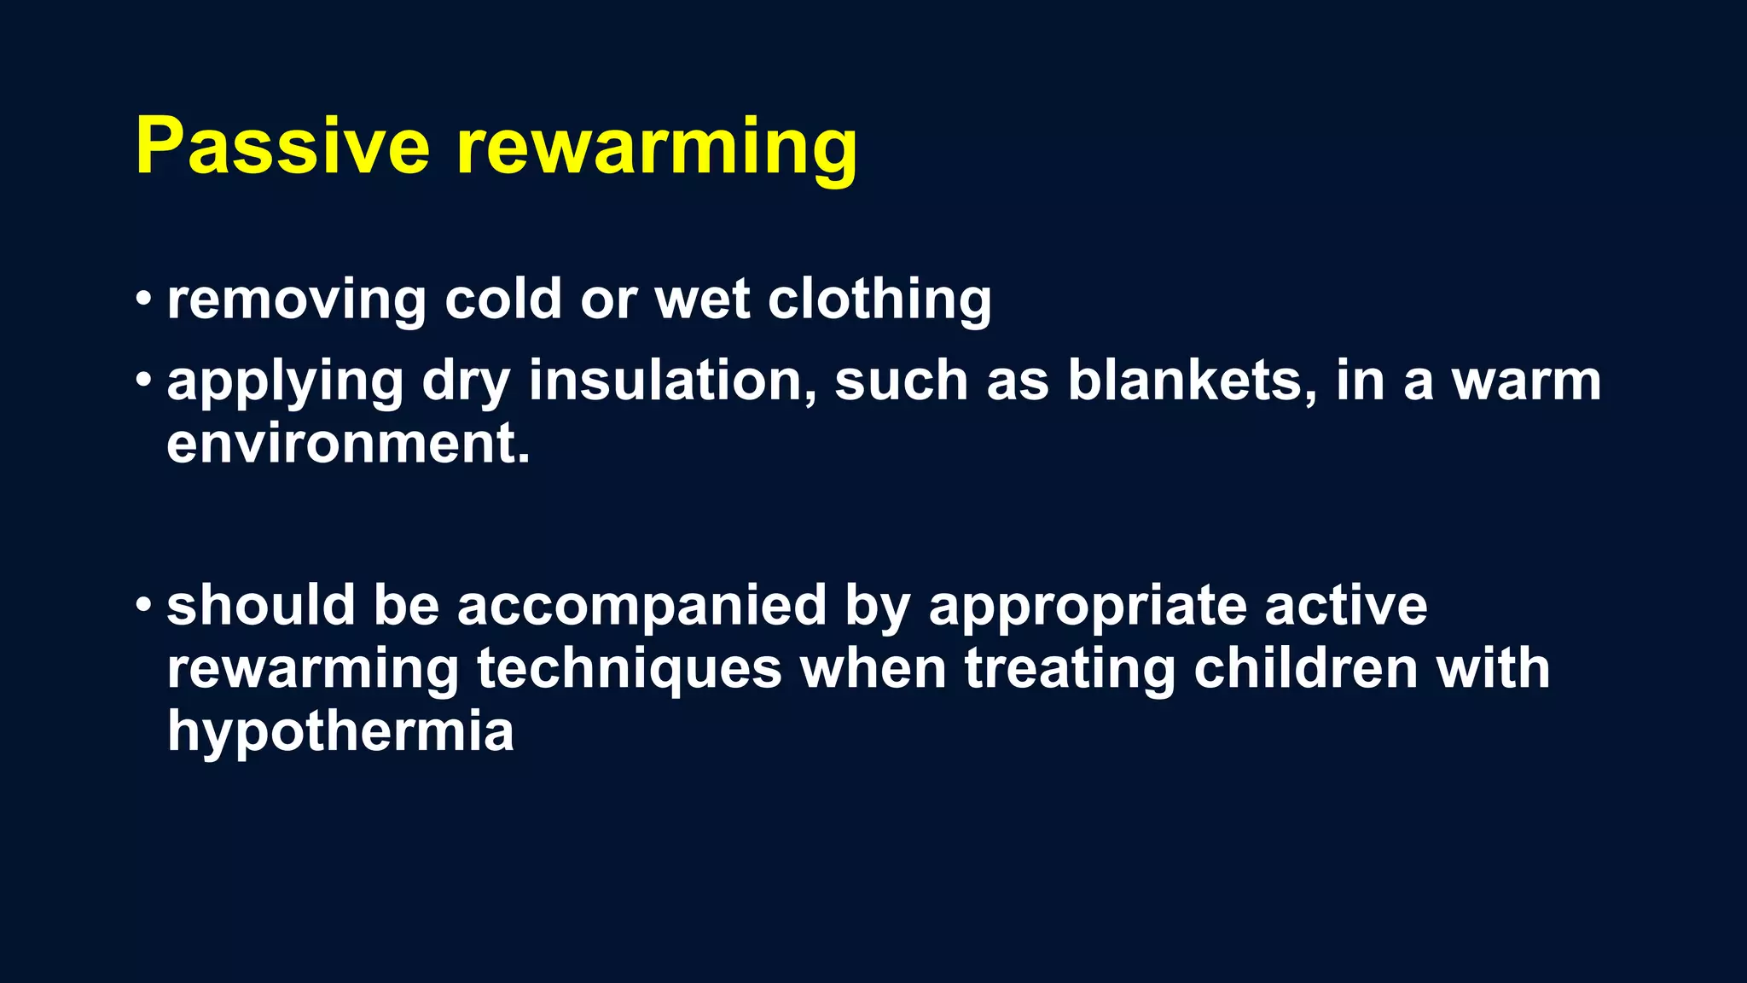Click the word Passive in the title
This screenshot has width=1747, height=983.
tap(282, 147)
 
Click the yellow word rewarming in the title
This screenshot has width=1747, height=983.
tap(657, 149)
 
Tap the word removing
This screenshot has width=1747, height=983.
tap(296, 300)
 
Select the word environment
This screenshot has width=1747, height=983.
tap(348, 444)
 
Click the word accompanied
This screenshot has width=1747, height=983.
tap(641, 606)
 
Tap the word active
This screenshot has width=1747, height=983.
tap(1345, 606)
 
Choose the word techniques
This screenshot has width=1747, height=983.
tap(629, 670)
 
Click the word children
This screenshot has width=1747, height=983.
tap(1305, 668)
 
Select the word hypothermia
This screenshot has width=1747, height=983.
tap(340, 733)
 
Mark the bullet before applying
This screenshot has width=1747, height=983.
tap(143, 381)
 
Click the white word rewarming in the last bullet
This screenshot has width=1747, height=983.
tap(313, 670)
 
